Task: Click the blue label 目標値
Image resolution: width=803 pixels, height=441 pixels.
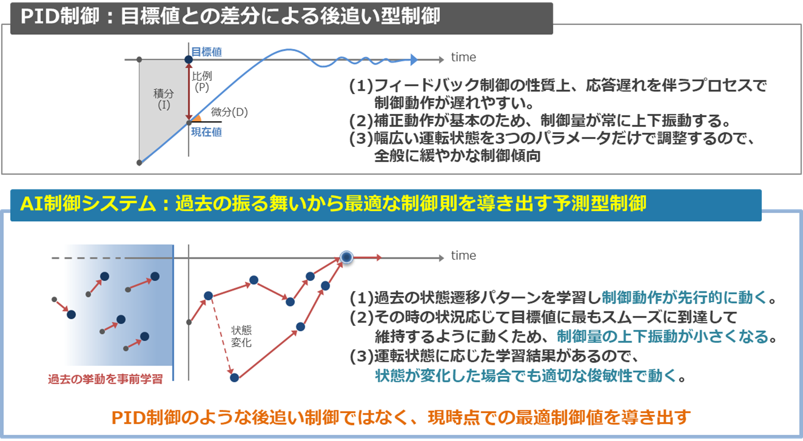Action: [206, 52]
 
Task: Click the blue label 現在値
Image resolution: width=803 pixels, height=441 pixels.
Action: [206, 132]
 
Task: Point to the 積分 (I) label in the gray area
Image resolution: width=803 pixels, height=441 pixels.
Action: [163, 99]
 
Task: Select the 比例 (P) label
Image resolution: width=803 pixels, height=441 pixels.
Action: [202, 81]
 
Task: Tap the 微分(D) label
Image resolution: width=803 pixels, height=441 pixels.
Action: [229, 112]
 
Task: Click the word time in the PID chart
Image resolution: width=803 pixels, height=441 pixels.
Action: [463, 57]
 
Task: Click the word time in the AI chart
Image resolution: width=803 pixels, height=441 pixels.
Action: [463, 256]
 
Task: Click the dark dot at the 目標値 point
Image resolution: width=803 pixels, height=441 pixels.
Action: [188, 59]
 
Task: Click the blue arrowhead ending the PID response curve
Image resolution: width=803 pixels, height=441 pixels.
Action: [414, 60]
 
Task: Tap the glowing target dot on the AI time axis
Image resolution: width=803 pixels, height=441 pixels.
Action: [346, 257]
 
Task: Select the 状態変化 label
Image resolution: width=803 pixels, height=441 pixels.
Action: [241, 336]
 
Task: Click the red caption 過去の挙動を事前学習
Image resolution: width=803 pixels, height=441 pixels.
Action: [105, 379]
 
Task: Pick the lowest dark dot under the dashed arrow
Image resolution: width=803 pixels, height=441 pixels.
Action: [234, 378]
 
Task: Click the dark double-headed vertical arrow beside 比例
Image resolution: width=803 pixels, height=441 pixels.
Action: [189, 91]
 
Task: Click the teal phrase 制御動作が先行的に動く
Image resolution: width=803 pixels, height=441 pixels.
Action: [684, 298]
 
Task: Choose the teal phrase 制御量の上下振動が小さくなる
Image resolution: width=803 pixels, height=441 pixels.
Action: [663, 337]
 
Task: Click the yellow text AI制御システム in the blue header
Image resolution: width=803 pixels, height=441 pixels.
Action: [88, 204]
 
